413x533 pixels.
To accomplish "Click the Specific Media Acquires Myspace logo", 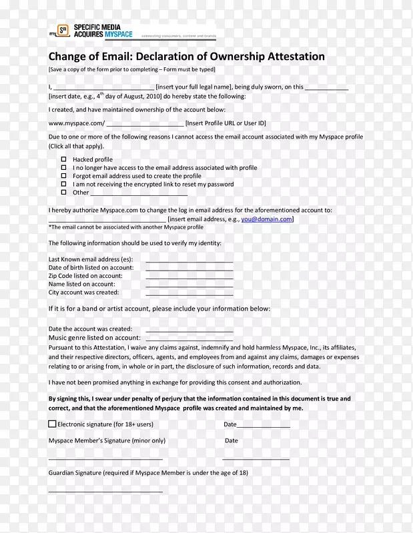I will [91, 31].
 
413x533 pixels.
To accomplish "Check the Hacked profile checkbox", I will [64, 159].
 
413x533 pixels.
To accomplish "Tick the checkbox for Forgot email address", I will [64, 176].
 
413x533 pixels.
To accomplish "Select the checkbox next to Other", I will [64, 192].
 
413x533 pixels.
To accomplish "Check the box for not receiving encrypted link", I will [64, 184].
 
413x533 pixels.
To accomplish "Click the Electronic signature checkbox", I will [52, 424].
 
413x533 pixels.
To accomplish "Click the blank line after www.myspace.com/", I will [145, 124].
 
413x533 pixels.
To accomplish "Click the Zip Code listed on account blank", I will [189, 276].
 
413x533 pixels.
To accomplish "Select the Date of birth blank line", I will [189, 268].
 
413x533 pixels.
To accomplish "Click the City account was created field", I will [189, 293].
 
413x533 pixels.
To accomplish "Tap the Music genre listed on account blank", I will [189, 339].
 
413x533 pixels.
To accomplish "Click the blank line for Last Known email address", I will [189, 261].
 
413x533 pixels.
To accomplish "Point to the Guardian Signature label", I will [147, 472].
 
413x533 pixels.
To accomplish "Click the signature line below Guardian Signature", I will [105, 491].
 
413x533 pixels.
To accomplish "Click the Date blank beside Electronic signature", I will [264, 426].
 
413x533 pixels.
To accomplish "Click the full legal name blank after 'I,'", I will [103, 88].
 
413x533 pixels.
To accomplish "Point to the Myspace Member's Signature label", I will [107, 440].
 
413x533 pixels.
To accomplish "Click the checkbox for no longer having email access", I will [64, 167].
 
